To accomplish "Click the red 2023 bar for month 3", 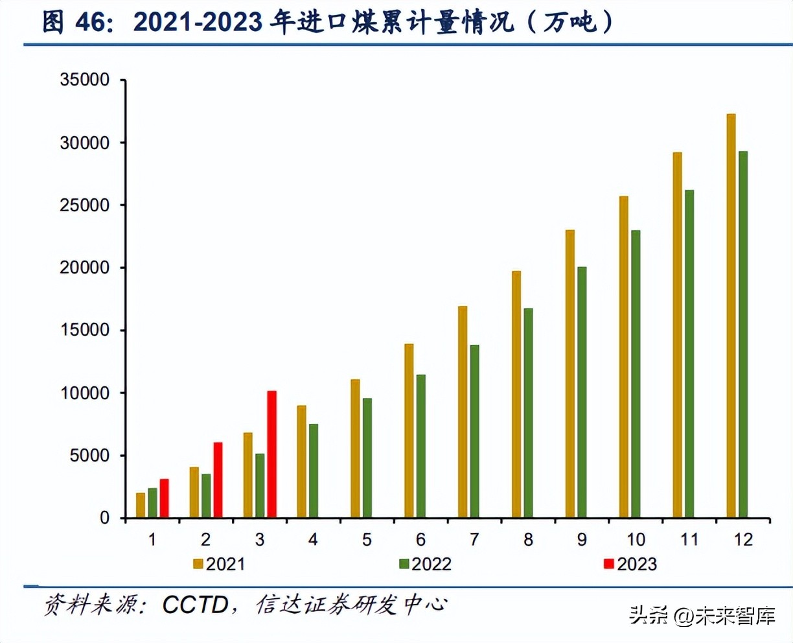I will [271, 454].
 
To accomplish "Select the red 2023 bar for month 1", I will [164, 498].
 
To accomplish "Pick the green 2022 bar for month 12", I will [742, 334].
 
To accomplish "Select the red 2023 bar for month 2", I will [218, 480].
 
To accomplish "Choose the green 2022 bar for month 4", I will [313, 471].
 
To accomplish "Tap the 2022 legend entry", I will [425, 564].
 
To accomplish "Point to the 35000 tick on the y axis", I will [85, 80].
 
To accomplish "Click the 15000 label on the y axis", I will [85, 330].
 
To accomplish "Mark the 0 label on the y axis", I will [104, 518].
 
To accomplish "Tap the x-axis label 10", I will [636, 539].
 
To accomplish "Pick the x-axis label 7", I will [474, 539].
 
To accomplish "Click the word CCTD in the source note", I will [195, 605].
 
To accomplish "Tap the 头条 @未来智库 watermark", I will [702, 615].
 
